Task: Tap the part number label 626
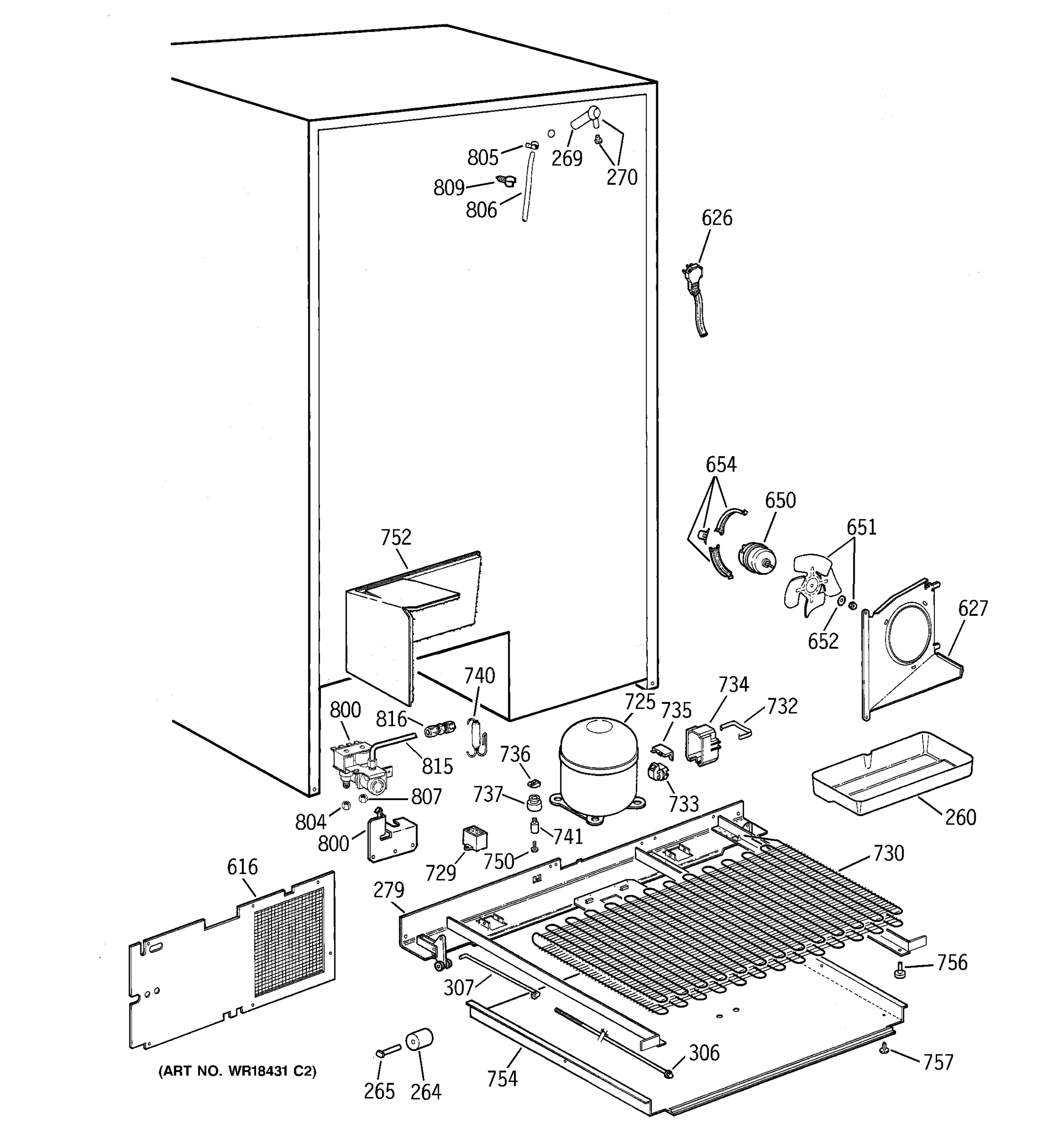pyautogui.click(x=716, y=218)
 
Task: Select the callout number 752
pyautogui.click(x=395, y=537)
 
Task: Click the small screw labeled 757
pyautogui.click(x=883, y=1050)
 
